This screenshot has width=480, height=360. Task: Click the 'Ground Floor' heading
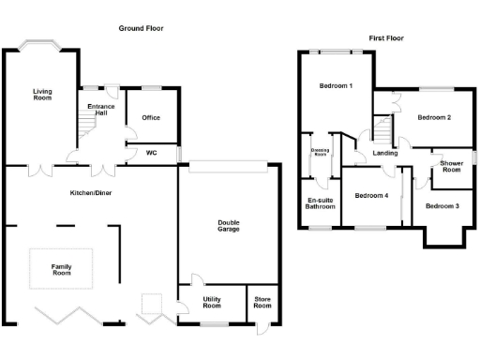(141, 29)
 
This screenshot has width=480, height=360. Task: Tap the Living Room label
(41, 95)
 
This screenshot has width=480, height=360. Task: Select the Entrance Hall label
(102, 110)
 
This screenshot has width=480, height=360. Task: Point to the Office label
(151, 117)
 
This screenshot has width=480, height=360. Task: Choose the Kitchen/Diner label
(91, 192)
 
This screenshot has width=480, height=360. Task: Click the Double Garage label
(229, 227)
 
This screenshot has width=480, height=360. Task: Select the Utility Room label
(212, 303)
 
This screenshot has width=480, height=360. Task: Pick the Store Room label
(262, 303)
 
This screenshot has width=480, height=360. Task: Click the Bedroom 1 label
(337, 86)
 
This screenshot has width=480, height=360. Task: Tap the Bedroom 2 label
(434, 117)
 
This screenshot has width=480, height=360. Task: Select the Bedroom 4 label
(371, 195)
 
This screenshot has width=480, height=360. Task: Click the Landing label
(384, 153)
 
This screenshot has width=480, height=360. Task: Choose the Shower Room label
(451, 166)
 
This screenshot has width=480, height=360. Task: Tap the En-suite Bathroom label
(322, 202)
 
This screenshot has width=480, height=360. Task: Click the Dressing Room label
(321, 152)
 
